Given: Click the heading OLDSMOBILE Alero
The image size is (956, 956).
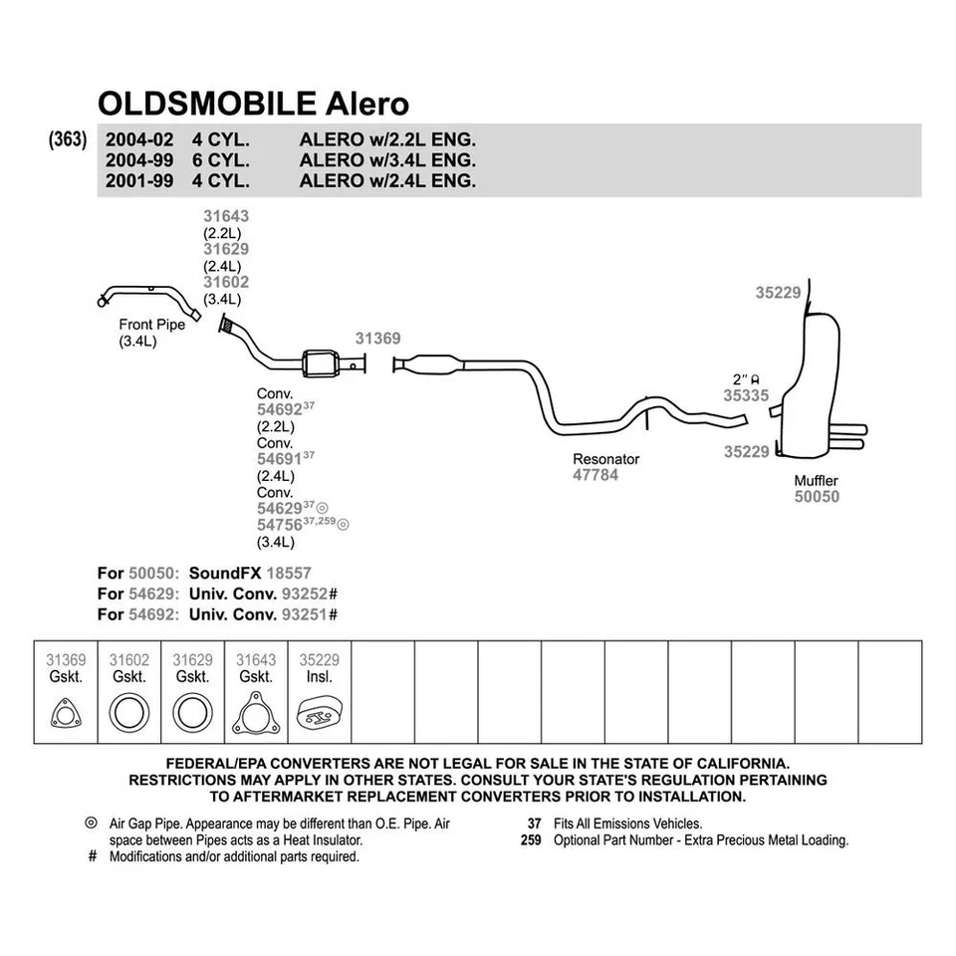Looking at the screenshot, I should coord(253,104).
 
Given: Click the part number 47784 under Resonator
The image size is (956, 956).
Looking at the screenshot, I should coord(596,476).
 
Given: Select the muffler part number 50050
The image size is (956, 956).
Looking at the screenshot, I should coord(817,497).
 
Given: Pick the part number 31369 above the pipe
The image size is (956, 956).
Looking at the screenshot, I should coord(378,339).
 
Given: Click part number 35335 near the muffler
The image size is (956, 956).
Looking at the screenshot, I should coord(746,395).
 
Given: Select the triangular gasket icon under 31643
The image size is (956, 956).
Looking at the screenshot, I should coord(256,713).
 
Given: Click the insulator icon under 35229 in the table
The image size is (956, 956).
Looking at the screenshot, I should coord(320,714).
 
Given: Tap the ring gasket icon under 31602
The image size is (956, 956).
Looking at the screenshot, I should coord(128,714).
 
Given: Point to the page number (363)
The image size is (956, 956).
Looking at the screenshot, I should coord(68,139).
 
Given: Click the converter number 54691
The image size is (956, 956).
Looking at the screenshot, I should coord(280,459).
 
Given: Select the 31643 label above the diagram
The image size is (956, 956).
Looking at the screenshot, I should coord(226,215).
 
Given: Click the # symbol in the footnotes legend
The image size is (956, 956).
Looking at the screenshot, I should coord(92,856).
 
